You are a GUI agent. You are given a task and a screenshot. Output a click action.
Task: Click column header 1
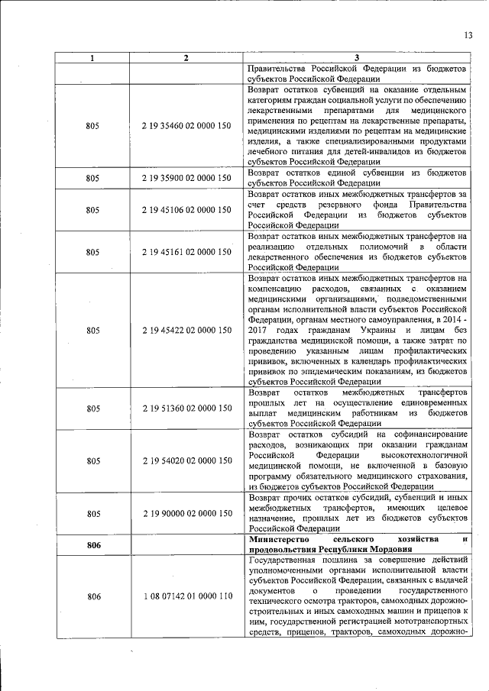(x=92, y=58)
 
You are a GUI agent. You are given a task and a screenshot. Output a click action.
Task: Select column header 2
(x=186, y=58)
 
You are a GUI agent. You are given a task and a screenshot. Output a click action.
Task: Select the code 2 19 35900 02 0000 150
(x=186, y=178)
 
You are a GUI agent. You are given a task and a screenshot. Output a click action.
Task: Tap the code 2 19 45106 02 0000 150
(x=186, y=209)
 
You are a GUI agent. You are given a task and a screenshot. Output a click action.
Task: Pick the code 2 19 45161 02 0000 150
(x=186, y=252)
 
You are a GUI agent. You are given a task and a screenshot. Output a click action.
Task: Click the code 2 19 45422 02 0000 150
(x=186, y=331)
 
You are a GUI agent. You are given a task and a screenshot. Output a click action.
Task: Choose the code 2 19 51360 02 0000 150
(x=186, y=408)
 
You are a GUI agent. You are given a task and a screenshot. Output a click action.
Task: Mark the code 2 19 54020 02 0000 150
(x=186, y=461)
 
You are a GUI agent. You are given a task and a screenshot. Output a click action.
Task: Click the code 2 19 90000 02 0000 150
(x=186, y=514)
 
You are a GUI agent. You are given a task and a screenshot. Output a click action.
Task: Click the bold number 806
(x=93, y=545)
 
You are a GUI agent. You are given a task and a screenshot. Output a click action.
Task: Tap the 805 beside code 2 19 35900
(x=93, y=178)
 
